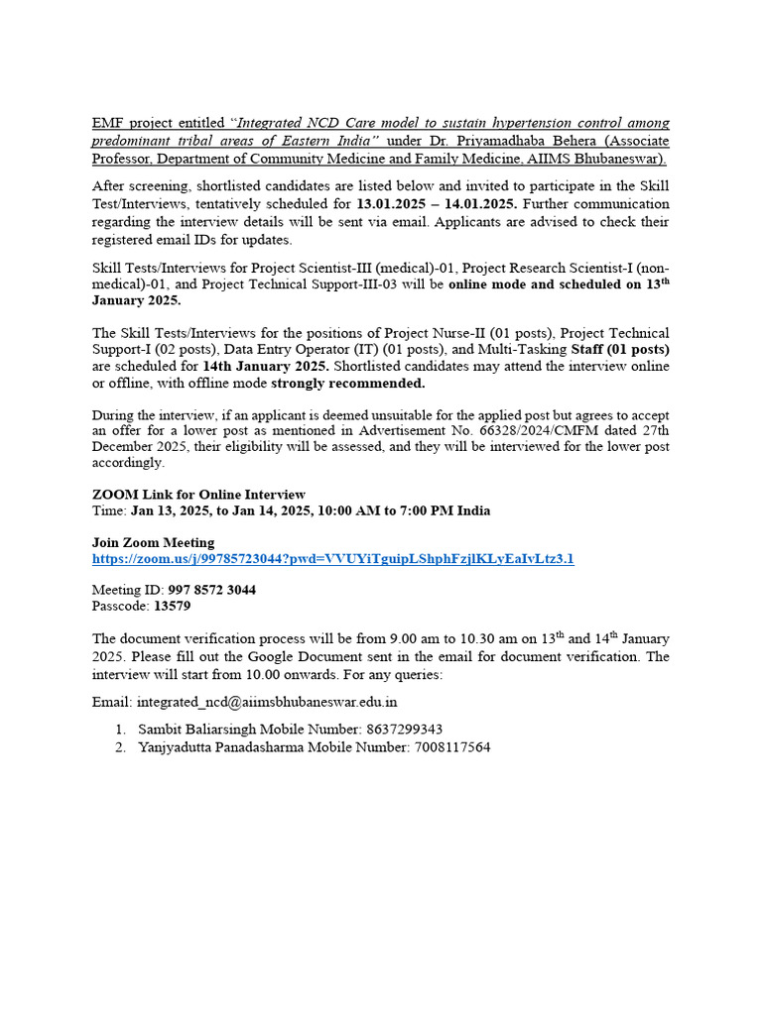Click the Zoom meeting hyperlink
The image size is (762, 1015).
click(332, 559)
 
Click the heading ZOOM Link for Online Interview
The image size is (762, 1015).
click(198, 495)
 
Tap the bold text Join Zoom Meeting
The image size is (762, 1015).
click(153, 543)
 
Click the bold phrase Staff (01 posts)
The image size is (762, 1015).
click(620, 349)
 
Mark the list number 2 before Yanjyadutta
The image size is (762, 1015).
click(119, 747)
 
